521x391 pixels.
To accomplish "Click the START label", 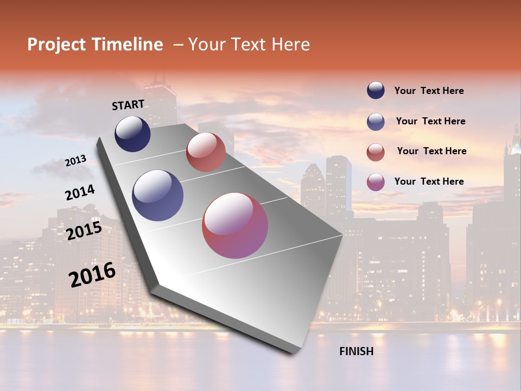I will click(128, 105).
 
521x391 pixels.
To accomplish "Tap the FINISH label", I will click(356, 351).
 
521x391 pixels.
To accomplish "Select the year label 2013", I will click(75, 161).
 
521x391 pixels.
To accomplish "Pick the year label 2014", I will click(80, 193).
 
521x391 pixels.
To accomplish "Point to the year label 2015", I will click(84, 230).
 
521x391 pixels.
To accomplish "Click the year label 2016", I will click(92, 274).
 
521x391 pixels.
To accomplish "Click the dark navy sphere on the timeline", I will click(132, 134).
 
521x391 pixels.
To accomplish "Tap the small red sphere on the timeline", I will click(206, 152).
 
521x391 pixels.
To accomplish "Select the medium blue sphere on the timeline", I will click(157, 195).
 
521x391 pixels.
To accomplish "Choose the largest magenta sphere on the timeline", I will click(235, 225).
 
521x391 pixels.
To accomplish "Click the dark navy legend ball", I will click(376, 90).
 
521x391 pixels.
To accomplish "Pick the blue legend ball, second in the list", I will click(376, 121).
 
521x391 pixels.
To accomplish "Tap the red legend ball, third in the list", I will click(376, 152).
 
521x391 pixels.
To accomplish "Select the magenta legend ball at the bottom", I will click(376, 181).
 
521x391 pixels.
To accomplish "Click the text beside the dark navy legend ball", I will click(429, 91).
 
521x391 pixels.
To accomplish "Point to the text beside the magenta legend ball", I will click(429, 181).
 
